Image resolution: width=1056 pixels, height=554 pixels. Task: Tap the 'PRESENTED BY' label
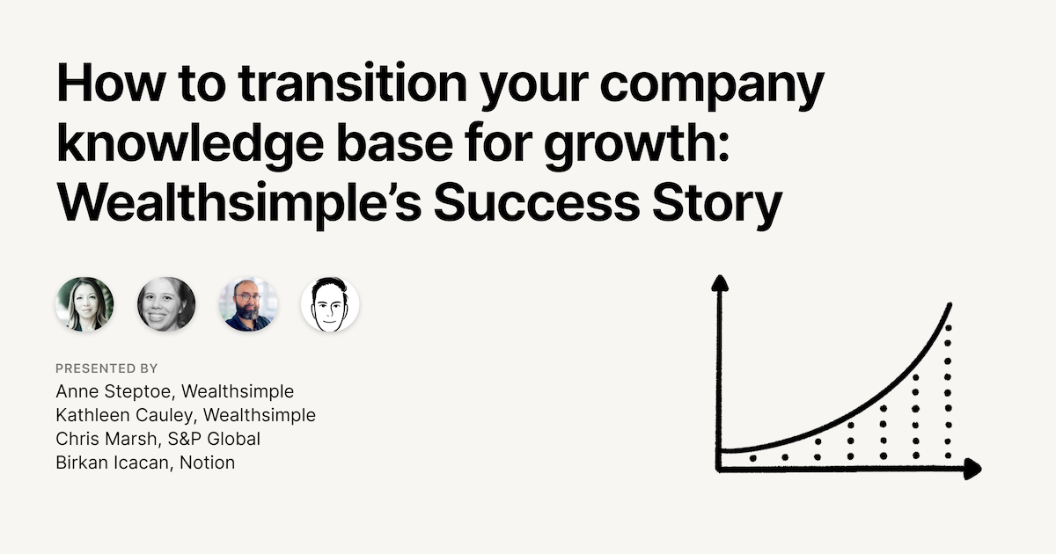106,368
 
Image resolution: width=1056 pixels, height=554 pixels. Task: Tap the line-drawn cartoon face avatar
330,305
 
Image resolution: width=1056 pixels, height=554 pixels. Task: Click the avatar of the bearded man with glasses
248,305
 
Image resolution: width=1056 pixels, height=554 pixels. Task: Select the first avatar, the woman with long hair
84,305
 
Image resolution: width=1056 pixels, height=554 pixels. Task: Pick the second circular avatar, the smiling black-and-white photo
166,305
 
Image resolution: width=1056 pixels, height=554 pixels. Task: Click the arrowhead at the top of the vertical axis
720,283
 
